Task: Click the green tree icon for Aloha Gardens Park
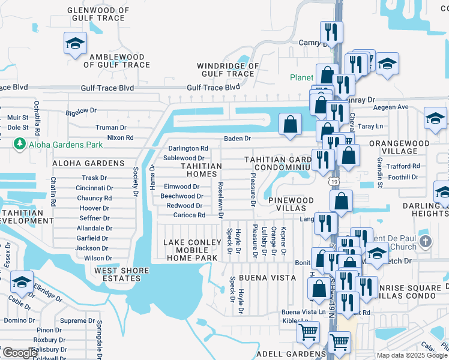coord(20,143)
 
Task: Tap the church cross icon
coord(425,241)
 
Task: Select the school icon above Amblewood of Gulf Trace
coord(76,43)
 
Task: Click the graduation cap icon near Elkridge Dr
coord(22,283)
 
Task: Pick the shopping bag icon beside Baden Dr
coord(290,125)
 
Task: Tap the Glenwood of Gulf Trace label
coord(97,14)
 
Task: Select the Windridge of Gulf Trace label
coord(228,70)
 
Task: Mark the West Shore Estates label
coord(121,275)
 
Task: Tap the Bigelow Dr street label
coord(81,111)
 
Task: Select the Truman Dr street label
coord(111,127)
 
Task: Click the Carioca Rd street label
coord(190,215)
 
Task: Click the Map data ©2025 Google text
coord(411,355)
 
